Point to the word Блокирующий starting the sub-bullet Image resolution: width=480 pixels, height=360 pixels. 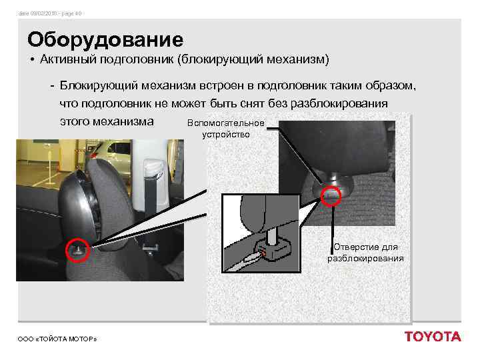[x=98, y=86]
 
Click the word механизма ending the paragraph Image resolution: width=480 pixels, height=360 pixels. [x=126, y=122]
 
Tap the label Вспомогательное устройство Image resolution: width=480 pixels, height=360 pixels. [x=226, y=129]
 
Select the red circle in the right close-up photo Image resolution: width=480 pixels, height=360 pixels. [x=331, y=195]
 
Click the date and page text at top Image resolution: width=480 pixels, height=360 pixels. [x=51, y=13]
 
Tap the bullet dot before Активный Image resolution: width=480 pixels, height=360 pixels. [x=32, y=61]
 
